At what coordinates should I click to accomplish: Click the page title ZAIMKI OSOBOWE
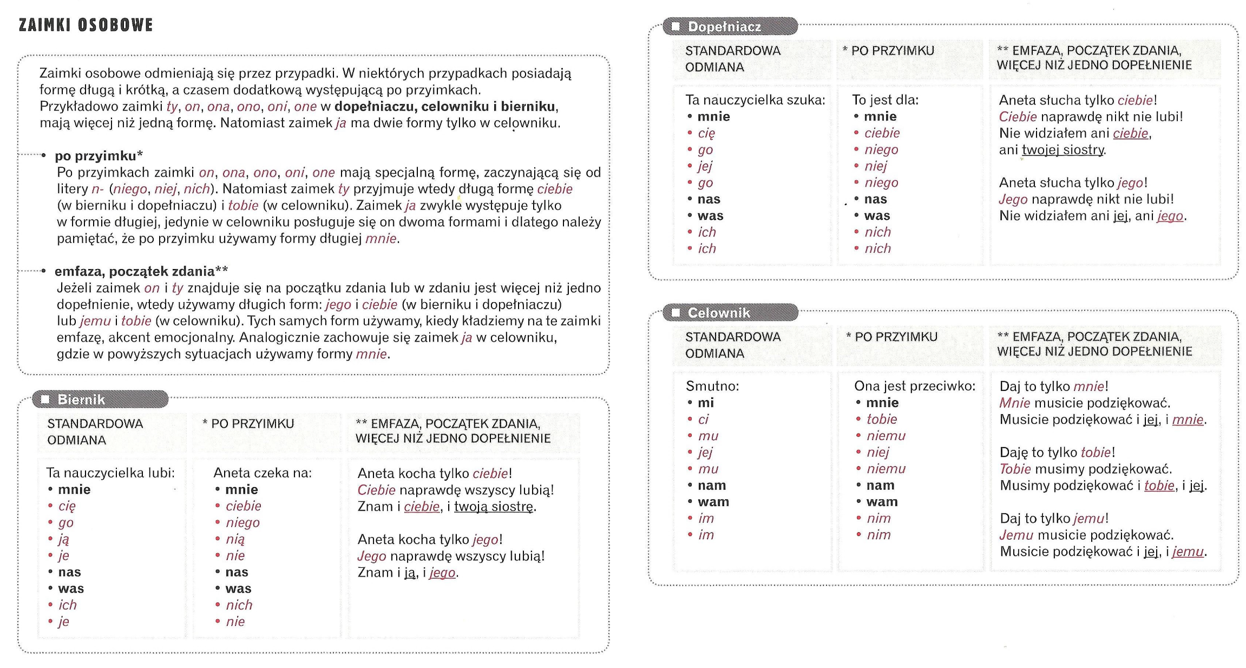click(86, 25)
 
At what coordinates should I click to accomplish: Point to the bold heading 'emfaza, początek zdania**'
click(141, 271)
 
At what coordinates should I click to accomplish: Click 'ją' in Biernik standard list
click(64, 539)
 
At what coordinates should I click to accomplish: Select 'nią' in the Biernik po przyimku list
click(235, 539)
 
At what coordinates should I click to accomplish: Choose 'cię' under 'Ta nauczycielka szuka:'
click(706, 133)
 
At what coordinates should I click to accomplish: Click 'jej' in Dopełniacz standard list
click(705, 166)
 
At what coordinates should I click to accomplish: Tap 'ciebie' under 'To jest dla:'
click(882, 133)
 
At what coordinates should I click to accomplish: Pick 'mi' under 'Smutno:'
click(706, 403)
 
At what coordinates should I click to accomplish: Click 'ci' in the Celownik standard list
click(703, 420)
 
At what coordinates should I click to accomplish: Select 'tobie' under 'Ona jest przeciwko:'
click(882, 420)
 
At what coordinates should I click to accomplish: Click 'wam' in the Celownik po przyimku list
click(882, 502)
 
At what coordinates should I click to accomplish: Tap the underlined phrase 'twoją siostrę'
click(494, 507)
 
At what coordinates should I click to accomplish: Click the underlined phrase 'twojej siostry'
click(1063, 150)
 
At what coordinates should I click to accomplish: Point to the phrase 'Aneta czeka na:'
click(263, 473)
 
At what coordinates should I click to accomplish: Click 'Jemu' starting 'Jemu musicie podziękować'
click(1016, 535)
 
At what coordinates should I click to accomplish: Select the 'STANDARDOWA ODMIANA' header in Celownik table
click(733, 345)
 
